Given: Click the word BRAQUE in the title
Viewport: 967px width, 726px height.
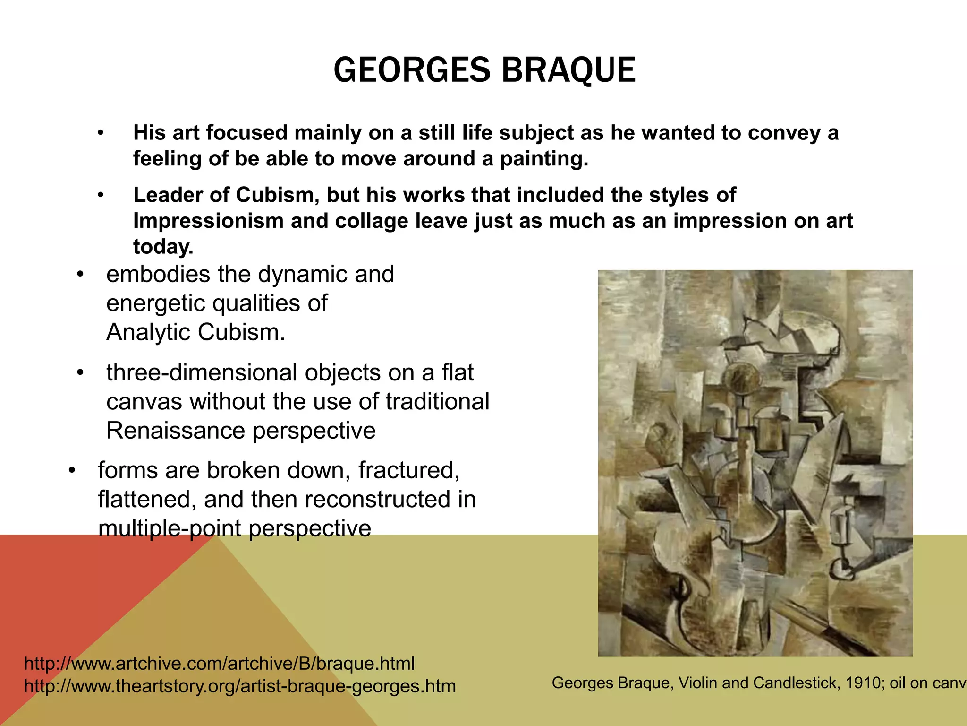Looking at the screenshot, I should point(568,70).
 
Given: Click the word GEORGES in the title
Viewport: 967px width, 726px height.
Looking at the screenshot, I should point(412,70).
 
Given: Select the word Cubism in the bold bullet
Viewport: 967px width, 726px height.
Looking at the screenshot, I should point(275,195).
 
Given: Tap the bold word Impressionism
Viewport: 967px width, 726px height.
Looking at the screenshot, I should point(208,221).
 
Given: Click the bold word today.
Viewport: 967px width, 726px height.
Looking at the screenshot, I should point(163,247).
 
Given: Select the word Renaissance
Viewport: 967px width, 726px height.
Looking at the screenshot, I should point(176,431).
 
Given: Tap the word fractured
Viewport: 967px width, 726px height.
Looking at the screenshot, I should point(409,470).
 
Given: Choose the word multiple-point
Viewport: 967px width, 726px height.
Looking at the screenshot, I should point(170,528).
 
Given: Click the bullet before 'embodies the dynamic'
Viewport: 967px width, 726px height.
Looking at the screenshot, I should point(80,275).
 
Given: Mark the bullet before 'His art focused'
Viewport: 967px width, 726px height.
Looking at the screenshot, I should point(100,133).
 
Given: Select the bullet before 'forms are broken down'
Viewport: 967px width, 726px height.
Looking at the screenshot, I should point(72,471).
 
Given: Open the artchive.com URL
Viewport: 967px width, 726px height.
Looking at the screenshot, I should point(219,663).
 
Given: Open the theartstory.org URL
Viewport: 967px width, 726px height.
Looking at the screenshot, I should point(240,686).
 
